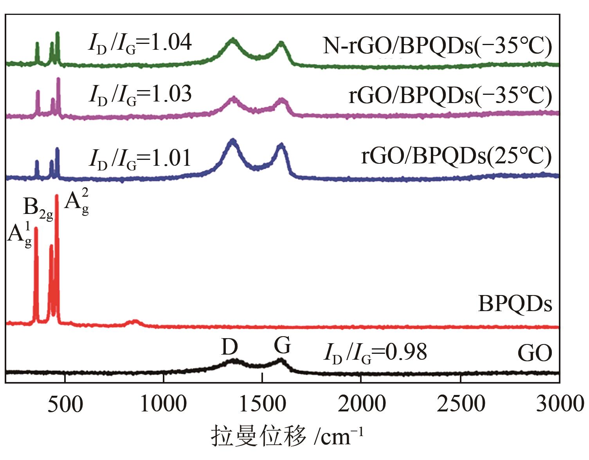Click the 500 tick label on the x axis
pyautogui.click(x=65, y=404)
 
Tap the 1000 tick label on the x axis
pyautogui.click(x=163, y=404)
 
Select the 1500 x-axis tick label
pyautogui.click(x=262, y=404)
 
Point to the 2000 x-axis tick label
pyautogui.click(x=361, y=404)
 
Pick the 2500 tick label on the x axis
pyautogui.click(x=461, y=404)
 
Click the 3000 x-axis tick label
pyautogui.click(x=559, y=404)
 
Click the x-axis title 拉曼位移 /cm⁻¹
pyautogui.click(x=288, y=436)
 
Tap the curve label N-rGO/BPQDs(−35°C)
pyautogui.click(x=437, y=46)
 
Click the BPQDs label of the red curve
pyautogui.click(x=515, y=304)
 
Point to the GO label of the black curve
pyautogui.click(x=535, y=353)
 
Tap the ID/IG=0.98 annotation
pyautogui.click(x=375, y=353)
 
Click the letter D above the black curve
pyautogui.click(x=230, y=347)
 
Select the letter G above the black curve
pyautogui.click(x=282, y=346)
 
